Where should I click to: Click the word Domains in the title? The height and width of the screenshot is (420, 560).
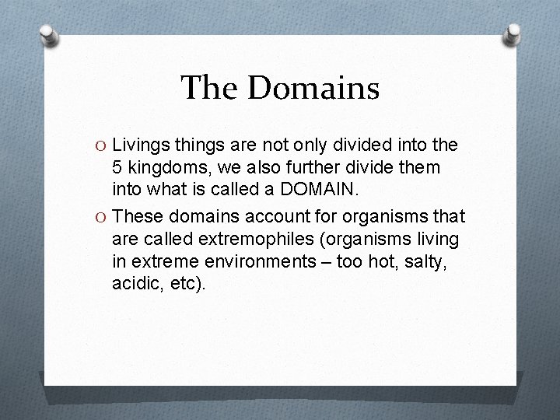pyautogui.click(x=313, y=88)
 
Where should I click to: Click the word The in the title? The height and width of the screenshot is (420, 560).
pyautogui.click(x=210, y=88)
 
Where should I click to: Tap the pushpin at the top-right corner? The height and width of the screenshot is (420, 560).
pyautogui.click(x=513, y=33)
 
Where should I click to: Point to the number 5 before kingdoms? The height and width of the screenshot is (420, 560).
pyautogui.click(x=117, y=167)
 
